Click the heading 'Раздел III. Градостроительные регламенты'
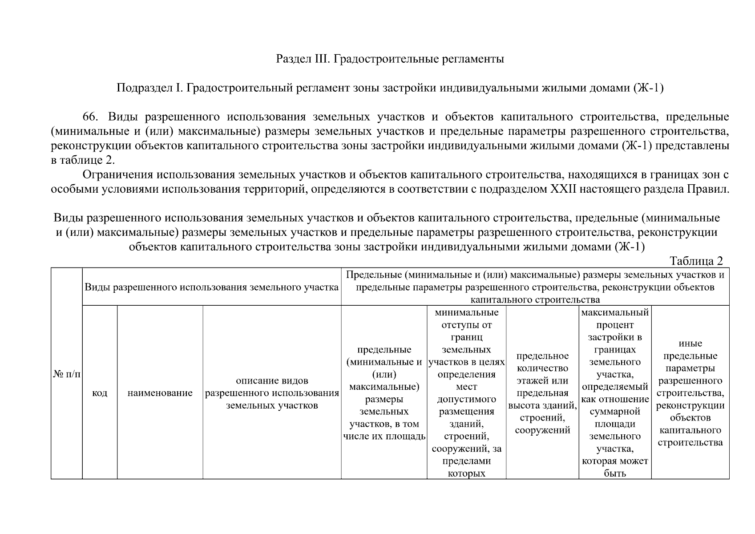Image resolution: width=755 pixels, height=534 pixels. tap(390, 59)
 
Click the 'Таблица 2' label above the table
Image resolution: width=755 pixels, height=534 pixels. tap(696, 261)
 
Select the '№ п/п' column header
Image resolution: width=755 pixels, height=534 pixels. tap(67, 374)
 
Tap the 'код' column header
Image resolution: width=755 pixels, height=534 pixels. tap(100, 393)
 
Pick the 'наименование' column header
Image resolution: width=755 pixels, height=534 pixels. tap(160, 393)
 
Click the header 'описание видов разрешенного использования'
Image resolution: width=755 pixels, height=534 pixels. tap(272, 393)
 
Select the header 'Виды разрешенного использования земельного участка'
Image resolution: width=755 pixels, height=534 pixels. tap(212, 287)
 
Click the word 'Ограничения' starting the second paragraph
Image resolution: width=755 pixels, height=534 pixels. tap(117, 175)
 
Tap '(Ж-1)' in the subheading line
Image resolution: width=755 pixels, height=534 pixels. tap(648, 88)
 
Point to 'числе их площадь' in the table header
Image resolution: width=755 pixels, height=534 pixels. tap(384, 436)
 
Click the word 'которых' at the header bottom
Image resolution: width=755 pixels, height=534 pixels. tap(466, 473)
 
